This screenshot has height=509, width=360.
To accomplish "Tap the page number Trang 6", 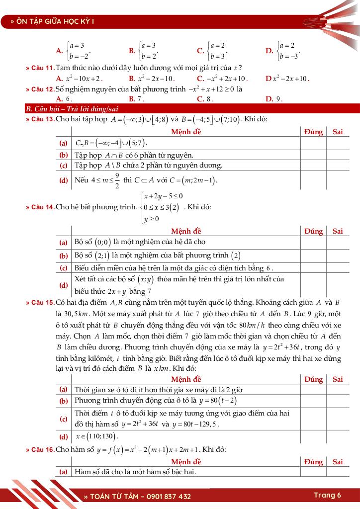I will click(327, 495).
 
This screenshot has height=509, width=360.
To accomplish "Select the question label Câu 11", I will click(40, 68).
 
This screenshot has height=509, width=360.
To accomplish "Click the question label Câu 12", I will click(40, 89).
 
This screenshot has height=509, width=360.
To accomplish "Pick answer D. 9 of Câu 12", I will click(274, 99).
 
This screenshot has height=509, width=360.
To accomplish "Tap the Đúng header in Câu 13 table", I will click(313, 132).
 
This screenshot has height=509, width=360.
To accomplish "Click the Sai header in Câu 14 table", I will click(338, 231).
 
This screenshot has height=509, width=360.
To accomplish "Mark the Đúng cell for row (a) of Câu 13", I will click(313, 143).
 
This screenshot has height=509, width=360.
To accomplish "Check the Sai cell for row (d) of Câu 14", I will click(338, 285).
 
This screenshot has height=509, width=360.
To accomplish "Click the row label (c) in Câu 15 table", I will click(64, 419).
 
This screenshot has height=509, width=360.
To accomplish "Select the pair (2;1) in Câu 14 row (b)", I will click(102, 255).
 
